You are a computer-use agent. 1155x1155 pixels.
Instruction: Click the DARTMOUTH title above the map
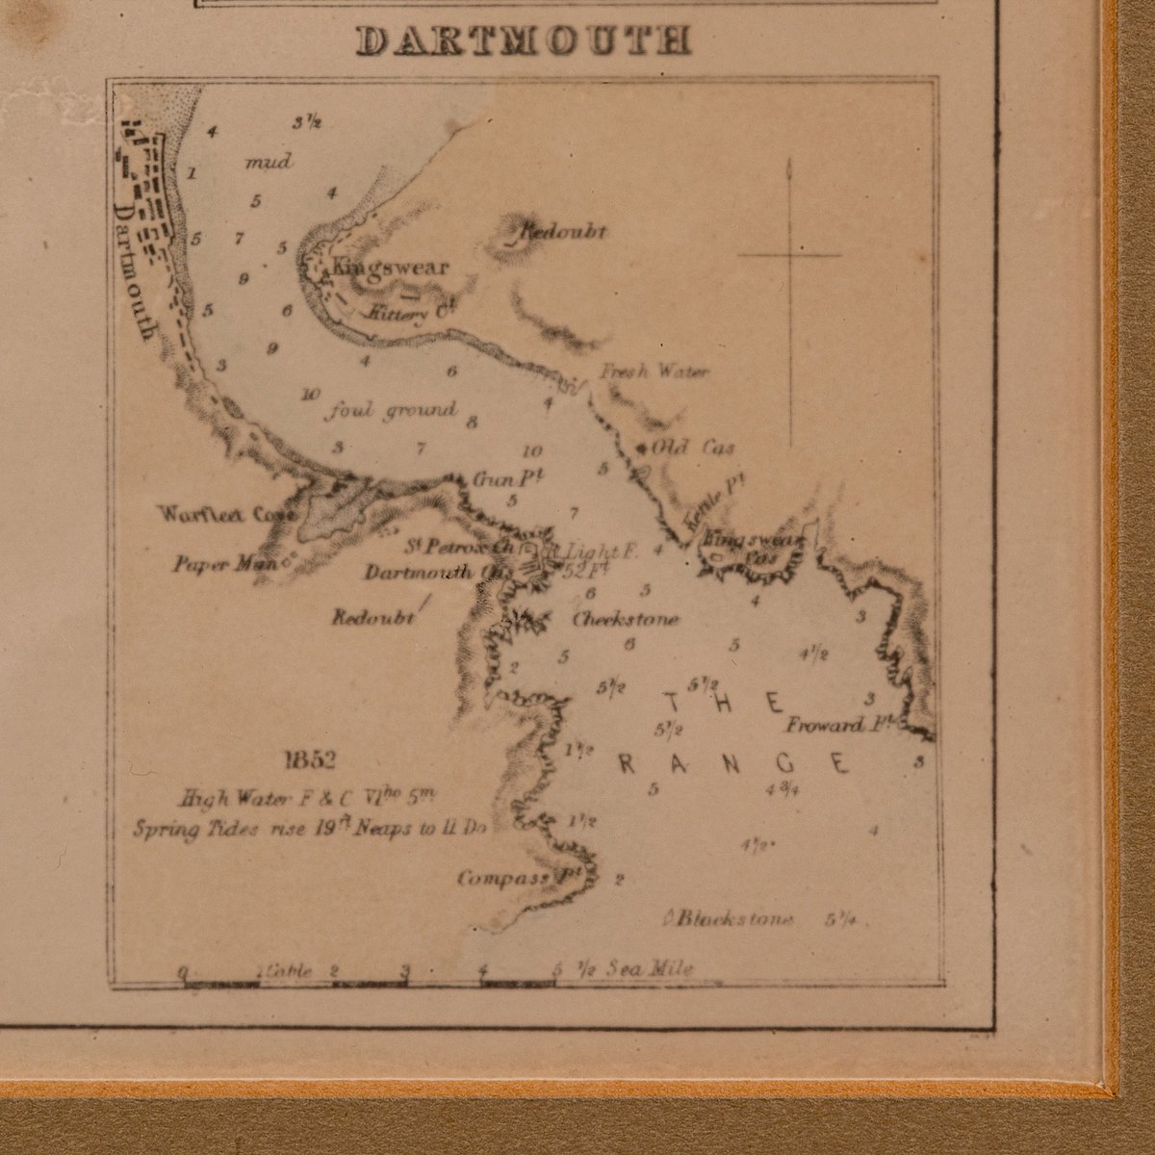(x=524, y=41)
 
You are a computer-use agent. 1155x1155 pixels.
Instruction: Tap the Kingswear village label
(x=390, y=268)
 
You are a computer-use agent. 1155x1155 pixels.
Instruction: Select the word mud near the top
(x=269, y=162)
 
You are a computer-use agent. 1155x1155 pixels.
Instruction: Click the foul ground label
(x=392, y=411)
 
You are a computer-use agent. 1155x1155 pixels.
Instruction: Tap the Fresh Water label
(x=654, y=372)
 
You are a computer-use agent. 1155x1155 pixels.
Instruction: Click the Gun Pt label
(x=497, y=479)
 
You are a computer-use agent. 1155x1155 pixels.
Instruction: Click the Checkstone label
(x=626, y=620)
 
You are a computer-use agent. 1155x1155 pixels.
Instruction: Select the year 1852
(x=309, y=762)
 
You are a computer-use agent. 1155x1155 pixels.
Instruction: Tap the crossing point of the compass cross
(x=789, y=255)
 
